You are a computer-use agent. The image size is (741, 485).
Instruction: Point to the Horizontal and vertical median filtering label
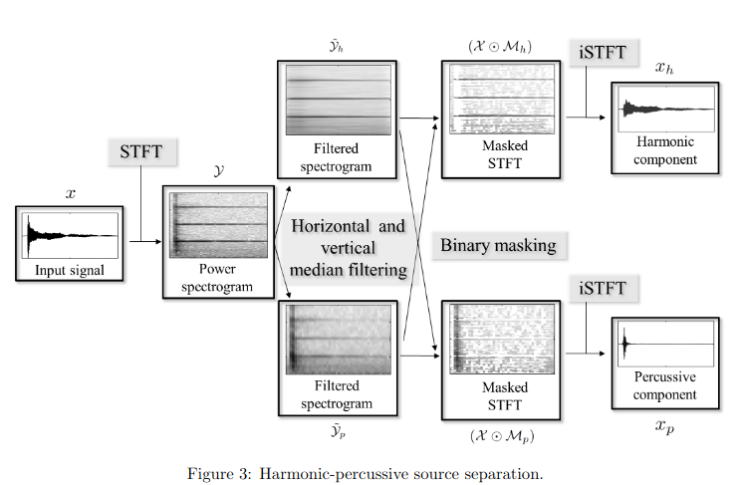pyautogui.click(x=348, y=247)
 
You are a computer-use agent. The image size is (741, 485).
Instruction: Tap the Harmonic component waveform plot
pyautogui.click(x=664, y=109)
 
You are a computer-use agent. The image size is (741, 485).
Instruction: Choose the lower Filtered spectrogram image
pyautogui.click(x=336, y=340)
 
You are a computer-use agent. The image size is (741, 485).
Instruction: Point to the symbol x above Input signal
pyautogui.click(x=70, y=193)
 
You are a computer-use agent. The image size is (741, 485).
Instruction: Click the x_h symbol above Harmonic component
pyautogui.click(x=663, y=68)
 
